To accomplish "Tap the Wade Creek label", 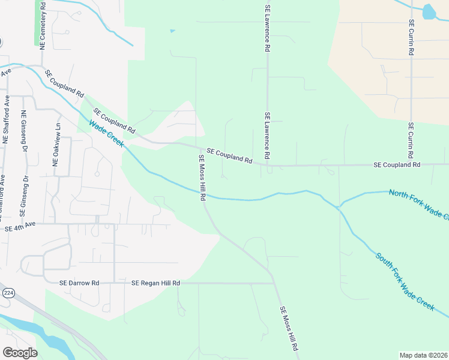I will [x=107, y=134].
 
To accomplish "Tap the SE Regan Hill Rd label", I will [x=155, y=283].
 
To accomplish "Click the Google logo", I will [x=20, y=353].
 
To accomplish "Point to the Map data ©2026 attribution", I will [x=423, y=355].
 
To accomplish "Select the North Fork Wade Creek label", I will [x=418, y=204].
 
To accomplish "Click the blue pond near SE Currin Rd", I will [x=429, y=11].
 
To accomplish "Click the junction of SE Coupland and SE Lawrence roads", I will [x=267, y=165].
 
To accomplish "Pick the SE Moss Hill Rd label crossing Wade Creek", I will [x=203, y=178].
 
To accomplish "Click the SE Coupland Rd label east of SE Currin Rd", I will [x=396, y=164].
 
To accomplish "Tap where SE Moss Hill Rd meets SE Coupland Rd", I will [x=199, y=148].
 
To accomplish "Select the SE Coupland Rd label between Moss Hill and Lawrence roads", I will [x=229, y=156].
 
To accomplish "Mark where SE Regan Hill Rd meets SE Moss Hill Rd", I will [x=274, y=283].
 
